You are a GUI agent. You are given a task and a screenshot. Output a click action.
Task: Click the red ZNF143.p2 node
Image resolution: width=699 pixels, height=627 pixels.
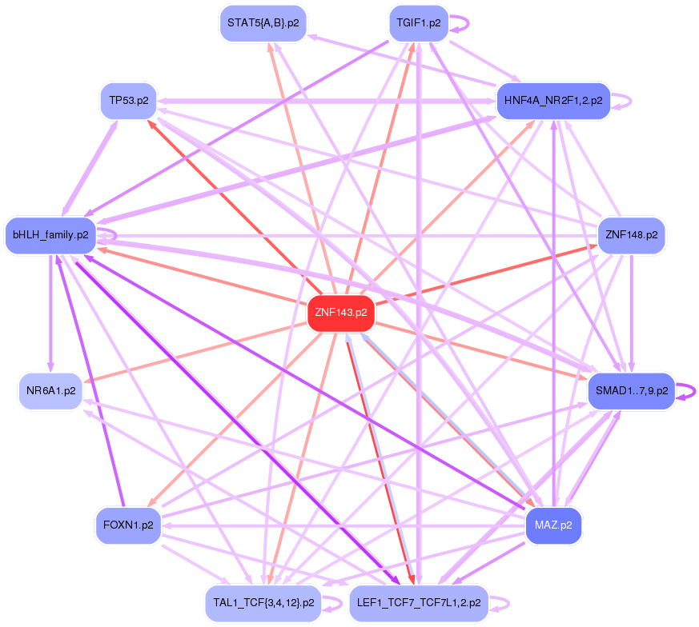coord(341,313)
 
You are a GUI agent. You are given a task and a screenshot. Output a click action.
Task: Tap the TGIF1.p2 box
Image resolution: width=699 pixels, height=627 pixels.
coord(418,22)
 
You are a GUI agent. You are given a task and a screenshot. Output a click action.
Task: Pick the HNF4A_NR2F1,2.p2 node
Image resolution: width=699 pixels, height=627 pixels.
coord(553,101)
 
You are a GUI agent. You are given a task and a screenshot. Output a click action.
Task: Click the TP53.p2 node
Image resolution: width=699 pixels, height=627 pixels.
coord(129,101)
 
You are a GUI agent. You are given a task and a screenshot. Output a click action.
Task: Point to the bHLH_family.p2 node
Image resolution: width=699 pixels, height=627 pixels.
coord(50,235)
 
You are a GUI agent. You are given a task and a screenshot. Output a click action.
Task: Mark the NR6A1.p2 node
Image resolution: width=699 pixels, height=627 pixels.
coord(50,391)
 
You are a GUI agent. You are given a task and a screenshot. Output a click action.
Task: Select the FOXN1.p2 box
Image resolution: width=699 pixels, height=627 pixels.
coord(128,525)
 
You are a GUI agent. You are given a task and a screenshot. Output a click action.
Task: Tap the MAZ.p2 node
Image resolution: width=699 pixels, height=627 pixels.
coord(553,525)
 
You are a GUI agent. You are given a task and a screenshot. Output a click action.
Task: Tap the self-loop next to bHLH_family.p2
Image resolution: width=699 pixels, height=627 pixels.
coord(113,235)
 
